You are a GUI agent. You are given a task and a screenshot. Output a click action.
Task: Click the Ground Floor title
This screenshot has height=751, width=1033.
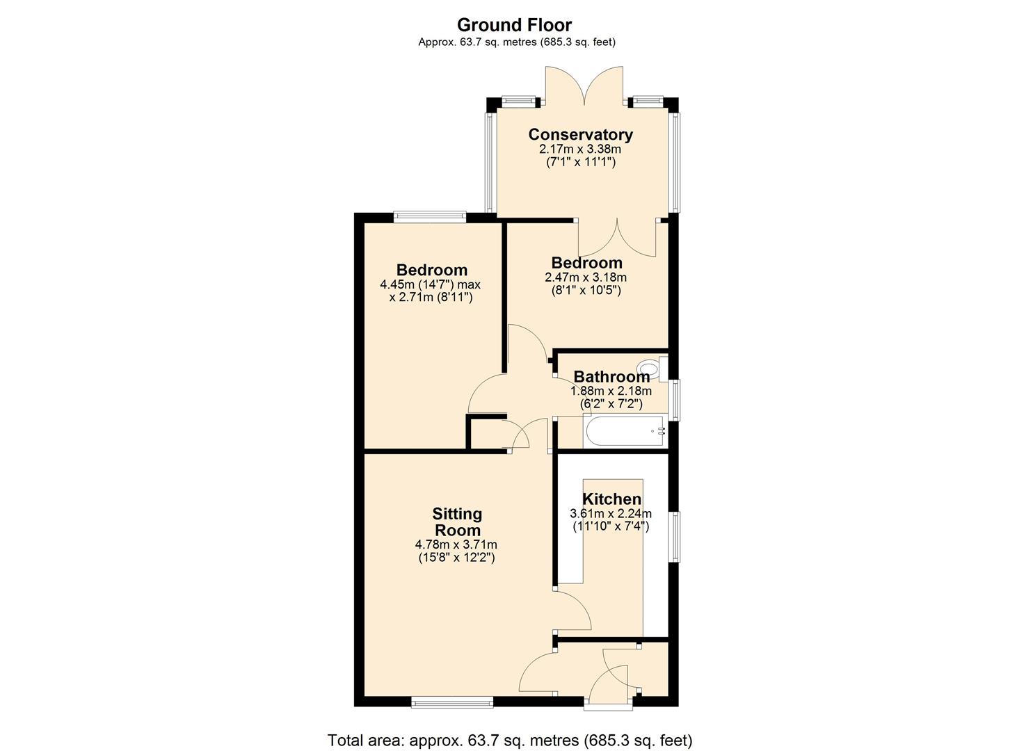point(514,25)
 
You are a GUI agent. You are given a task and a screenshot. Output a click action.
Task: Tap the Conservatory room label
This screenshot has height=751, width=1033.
point(580,134)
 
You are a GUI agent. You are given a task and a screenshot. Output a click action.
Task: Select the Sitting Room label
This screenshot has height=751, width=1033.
point(457,522)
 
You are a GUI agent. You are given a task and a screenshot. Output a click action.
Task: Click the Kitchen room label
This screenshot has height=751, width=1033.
point(611,499)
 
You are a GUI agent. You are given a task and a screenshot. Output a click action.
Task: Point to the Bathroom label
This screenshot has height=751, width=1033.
point(611,376)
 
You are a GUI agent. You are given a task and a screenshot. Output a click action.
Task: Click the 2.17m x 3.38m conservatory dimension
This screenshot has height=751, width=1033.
point(580,149)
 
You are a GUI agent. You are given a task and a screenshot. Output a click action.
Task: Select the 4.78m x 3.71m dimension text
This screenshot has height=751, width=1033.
point(456,544)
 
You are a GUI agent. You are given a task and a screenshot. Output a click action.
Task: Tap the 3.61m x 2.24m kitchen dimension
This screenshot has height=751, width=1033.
point(611,514)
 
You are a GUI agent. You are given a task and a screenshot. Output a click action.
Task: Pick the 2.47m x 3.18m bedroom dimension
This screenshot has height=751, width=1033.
point(586,277)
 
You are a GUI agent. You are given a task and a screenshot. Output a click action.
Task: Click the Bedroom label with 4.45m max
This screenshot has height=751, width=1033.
point(431,270)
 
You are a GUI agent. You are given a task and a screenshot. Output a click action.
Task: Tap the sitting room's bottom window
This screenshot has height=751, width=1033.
point(452,702)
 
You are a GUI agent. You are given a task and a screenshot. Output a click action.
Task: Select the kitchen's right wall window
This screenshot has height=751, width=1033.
point(674,536)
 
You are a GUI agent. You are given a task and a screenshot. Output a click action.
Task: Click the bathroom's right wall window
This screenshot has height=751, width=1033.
point(674,400)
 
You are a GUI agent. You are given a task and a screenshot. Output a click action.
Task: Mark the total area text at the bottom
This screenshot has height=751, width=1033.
point(510,740)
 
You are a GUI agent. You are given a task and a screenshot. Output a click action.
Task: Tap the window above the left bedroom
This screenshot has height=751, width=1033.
point(429,216)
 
